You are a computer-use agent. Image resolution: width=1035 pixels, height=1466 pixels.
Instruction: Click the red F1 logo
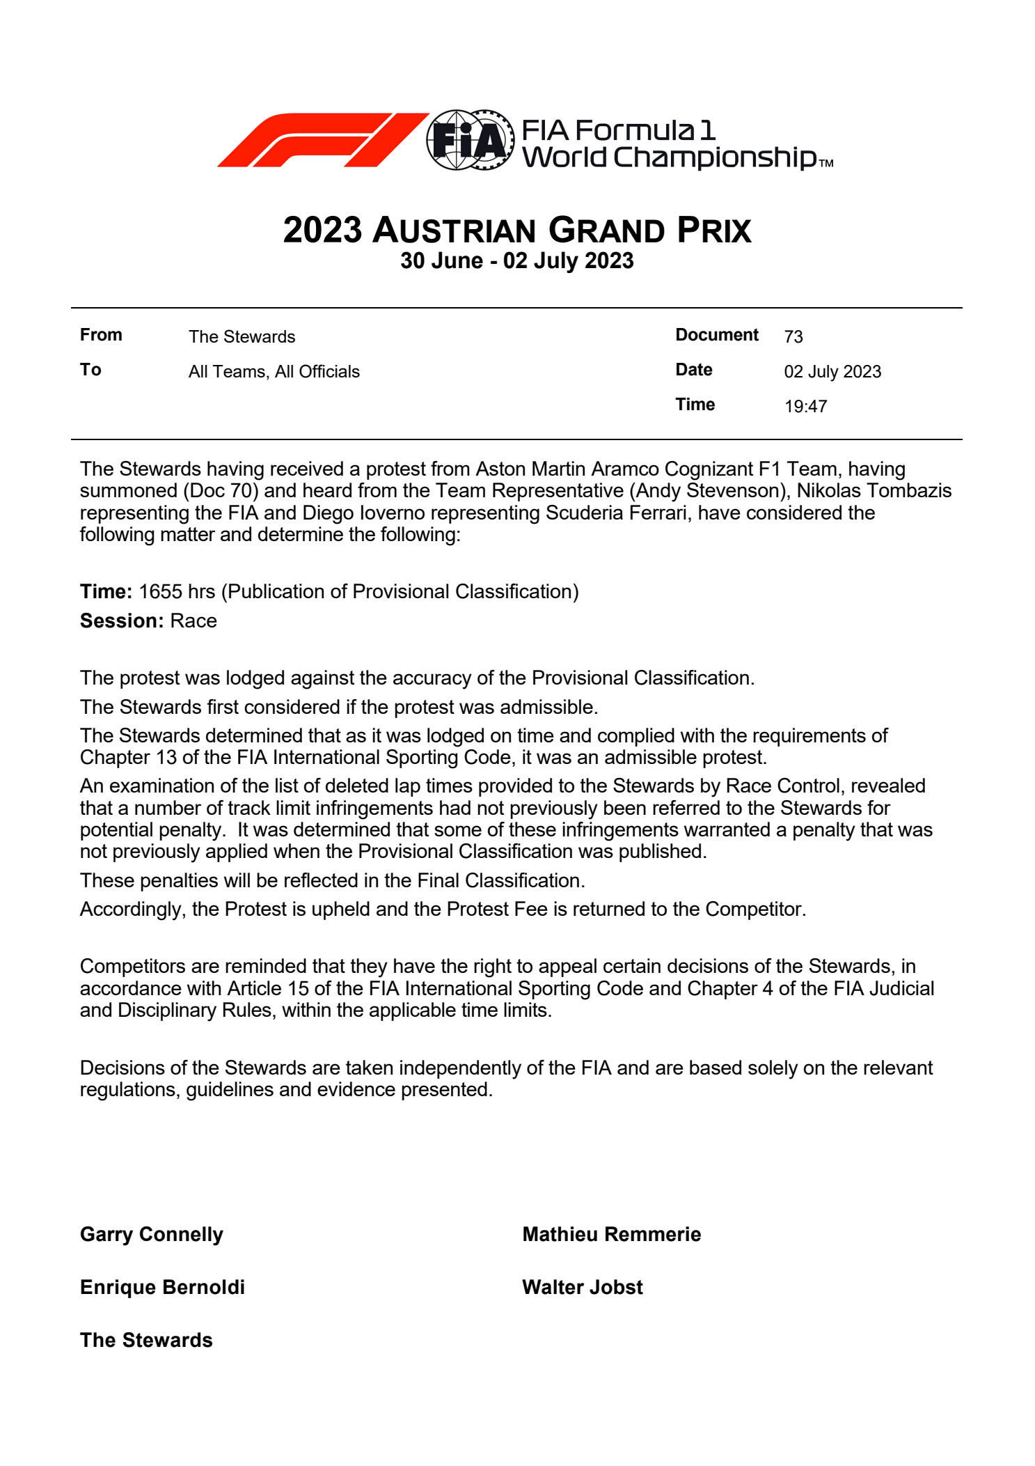[322, 139]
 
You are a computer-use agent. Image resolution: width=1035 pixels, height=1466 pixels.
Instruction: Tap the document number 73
[793, 337]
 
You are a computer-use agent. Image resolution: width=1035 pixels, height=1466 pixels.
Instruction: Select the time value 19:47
[805, 407]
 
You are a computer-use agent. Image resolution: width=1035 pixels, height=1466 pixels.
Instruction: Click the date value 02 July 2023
[832, 372]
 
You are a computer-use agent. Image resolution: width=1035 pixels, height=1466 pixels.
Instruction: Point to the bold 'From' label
[101, 335]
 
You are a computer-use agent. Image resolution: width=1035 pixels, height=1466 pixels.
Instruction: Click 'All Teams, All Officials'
[274, 372]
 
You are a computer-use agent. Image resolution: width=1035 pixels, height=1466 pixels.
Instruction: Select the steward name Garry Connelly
[152, 1234]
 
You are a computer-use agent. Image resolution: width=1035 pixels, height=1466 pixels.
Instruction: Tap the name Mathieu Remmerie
[611, 1234]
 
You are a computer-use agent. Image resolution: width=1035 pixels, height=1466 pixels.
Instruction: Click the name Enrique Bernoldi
[162, 1287]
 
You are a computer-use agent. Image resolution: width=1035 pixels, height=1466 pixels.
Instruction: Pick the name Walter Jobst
[582, 1287]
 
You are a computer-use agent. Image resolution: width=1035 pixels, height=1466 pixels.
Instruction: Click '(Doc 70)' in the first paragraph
[221, 491]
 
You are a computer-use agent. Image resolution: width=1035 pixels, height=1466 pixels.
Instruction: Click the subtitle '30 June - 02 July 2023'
[516, 261]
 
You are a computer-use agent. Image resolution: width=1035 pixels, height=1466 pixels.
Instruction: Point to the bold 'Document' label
[716, 335]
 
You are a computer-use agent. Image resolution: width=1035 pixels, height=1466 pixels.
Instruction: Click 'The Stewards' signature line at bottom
[146, 1340]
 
